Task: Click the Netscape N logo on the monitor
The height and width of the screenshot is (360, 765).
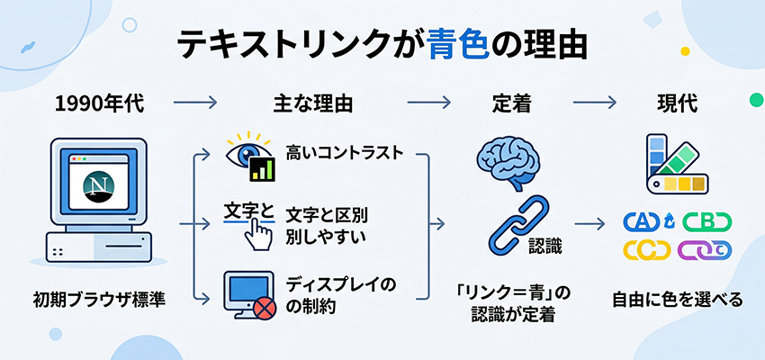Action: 96,186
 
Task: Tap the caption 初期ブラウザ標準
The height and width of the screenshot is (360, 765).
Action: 97,299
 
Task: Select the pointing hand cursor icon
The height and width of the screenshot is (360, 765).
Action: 261,235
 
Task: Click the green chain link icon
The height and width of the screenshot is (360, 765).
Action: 707,221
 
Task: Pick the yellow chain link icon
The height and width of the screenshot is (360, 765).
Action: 647,249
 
